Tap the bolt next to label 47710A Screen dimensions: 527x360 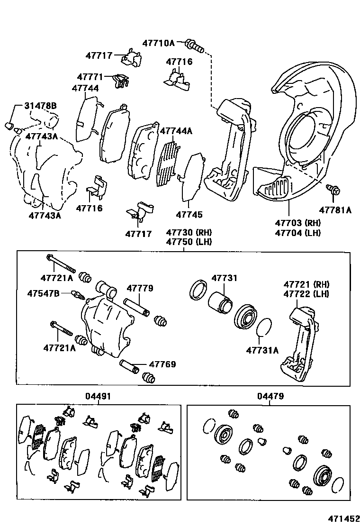pyautogui.click(x=194, y=45)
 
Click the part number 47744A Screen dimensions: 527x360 pyautogui.click(x=176, y=131)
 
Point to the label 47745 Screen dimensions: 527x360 pyautogui.click(x=189, y=215)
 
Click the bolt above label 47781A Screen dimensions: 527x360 pyautogui.click(x=334, y=191)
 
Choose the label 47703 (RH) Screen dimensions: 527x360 pyautogui.click(x=297, y=223)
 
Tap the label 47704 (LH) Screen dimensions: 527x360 pyautogui.click(x=297, y=232)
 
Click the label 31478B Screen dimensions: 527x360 pyautogui.click(x=40, y=106)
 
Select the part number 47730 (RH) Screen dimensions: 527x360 pyautogui.click(x=189, y=232)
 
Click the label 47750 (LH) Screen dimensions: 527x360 pyautogui.click(x=189, y=242)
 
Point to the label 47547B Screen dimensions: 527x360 pyautogui.click(x=43, y=294)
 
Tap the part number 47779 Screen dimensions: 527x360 pyautogui.click(x=140, y=288)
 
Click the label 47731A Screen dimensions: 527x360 pyautogui.click(x=262, y=350)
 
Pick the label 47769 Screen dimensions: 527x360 pyautogui.click(x=162, y=364)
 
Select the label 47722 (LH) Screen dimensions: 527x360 pyautogui.click(x=306, y=294)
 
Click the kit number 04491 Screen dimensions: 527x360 pyautogui.click(x=98, y=396)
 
